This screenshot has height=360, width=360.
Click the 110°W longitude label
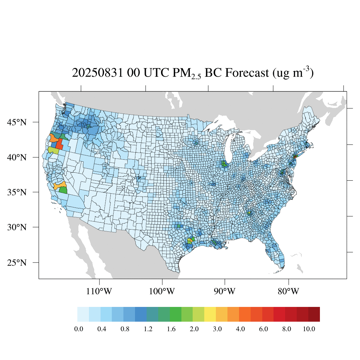point(100,291)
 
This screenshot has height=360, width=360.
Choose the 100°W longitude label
point(162,291)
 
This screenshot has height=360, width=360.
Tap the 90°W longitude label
point(225,291)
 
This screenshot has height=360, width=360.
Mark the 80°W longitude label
point(289,291)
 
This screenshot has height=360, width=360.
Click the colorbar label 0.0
point(79,329)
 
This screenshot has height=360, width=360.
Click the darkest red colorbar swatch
point(314,314)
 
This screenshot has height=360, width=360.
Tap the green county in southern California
point(63,190)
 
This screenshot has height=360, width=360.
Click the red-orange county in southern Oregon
point(59,144)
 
